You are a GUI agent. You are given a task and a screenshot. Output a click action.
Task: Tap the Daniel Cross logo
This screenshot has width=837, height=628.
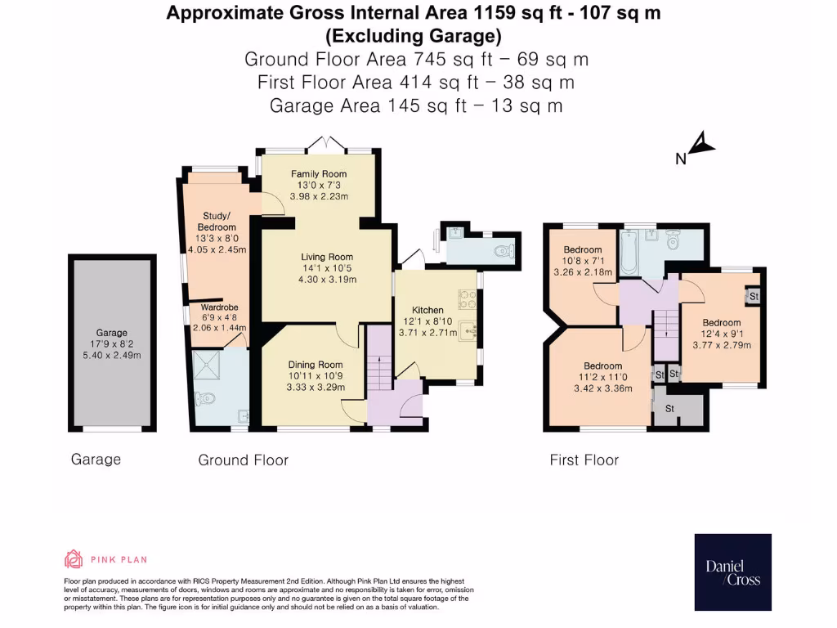click(x=732, y=572)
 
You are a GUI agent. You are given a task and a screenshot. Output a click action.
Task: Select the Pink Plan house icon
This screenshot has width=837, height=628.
click(x=74, y=559)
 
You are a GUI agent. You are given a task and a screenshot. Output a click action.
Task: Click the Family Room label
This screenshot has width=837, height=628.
click(x=319, y=173)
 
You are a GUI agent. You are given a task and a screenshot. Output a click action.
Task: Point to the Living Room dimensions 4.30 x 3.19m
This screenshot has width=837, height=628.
click(x=327, y=280)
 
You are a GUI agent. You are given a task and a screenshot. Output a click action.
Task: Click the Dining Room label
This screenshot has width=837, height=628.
click(x=316, y=365)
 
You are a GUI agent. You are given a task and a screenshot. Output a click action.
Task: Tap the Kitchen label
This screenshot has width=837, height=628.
click(x=427, y=310)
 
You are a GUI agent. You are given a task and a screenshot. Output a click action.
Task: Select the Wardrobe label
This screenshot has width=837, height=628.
click(x=219, y=307)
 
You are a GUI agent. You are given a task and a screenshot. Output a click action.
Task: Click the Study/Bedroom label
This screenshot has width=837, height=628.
click(x=217, y=221)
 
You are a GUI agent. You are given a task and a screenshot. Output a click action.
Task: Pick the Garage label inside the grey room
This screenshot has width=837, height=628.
click(x=111, y=333)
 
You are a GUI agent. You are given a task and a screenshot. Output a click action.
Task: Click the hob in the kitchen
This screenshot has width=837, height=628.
click(x=468, y=299)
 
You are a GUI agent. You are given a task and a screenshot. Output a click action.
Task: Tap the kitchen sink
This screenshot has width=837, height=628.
click(x=469, y=331)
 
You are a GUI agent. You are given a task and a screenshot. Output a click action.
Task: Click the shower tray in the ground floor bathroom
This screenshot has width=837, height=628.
click(x=206, y=365)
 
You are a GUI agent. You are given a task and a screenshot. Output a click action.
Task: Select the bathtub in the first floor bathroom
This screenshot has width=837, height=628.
click(x=629, y=253)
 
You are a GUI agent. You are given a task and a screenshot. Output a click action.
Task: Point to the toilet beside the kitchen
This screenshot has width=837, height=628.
click(x=504, y=251)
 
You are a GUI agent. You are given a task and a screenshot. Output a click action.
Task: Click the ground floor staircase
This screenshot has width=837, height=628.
click(x=379, y=358)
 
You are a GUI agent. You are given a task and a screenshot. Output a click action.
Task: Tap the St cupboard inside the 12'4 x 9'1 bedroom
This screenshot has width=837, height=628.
click(x=753, y=296)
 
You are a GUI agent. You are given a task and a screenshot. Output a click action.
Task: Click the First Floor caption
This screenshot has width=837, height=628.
click(x=584, y=460)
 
